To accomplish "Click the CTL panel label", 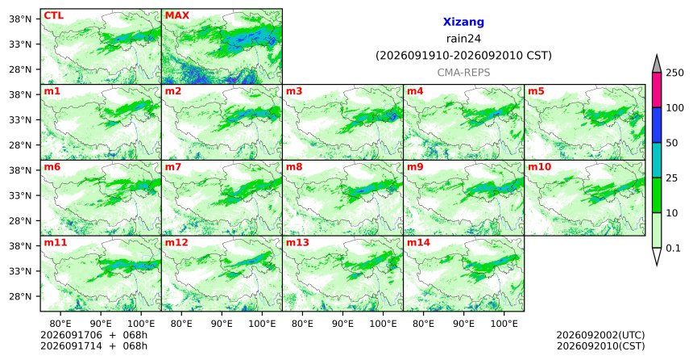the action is (x=53, y=16).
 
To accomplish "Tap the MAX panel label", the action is (x=176, y=16).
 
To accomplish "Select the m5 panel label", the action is (x=536, y=92).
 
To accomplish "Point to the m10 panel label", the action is (x=539, y=167).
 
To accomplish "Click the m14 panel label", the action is (x=418, y=243).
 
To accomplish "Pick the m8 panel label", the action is (x=294, y=167).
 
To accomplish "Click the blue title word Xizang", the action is (x=463, y=22).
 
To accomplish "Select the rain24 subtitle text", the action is (x=463, y=39).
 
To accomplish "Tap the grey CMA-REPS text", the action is (x=463, y=73).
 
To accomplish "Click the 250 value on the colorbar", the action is (x=674, y=73).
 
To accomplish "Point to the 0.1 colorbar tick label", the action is (x=673, y=249).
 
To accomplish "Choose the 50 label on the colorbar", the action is (x=672, y=143).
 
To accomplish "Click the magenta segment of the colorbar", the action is (x=657, y=90).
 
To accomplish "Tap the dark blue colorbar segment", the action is (x=657, y=125).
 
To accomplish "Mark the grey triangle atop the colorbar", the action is (x=657, y=65).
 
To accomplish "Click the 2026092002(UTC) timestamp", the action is (x=600, y=335).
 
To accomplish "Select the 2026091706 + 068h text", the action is (x=93, y=335).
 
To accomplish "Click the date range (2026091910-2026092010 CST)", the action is (x=463, y=56).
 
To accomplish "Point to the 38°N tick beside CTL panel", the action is (x=20, y=19).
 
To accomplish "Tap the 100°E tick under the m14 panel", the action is (x=504, y=324).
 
